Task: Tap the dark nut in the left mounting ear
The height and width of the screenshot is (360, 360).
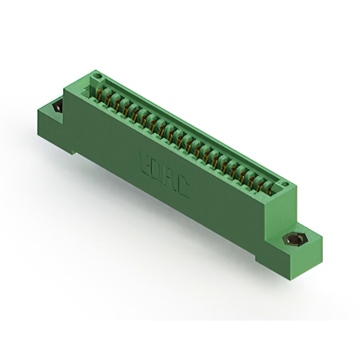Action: tap(58, 107)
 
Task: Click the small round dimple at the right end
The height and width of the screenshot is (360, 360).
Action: tap(285, 184)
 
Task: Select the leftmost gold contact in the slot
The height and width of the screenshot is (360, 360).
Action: tap(100, 94)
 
